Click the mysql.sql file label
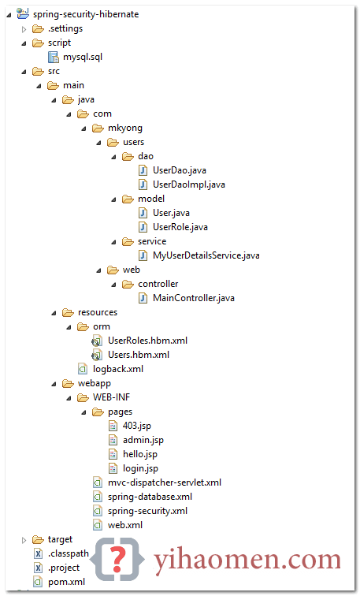83,58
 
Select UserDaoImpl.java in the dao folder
189,184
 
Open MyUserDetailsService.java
206,255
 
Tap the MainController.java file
194,298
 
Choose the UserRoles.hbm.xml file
148,341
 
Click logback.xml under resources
118,369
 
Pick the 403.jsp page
137,426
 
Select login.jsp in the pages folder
140,468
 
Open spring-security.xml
148,511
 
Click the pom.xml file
66,582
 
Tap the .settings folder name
65,29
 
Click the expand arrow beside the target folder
24,540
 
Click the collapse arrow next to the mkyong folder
84,129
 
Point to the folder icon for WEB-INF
83,397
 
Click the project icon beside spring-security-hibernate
23,13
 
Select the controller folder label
158,284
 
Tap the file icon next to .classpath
38,553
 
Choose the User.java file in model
171,213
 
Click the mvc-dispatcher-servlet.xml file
165,482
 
